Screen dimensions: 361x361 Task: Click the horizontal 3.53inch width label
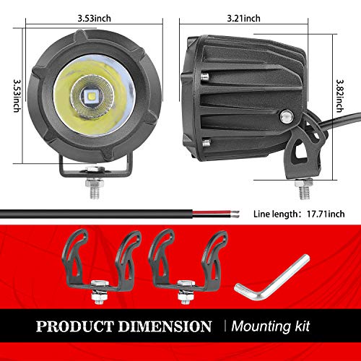(x=95, y=18)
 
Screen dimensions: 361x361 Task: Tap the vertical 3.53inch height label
(x=17, y=96)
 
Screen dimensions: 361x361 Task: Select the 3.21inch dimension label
(x=243, y=18)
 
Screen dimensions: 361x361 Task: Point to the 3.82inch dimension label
(x=339, y=96)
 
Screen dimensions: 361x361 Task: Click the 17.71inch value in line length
(x=326, y=214)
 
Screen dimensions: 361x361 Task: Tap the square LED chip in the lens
(x=92, y=96)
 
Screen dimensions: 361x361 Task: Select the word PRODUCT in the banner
(x=74, y=326)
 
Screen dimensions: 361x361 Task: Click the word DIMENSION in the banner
(x=165, y=326)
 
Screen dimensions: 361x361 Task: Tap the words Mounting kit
(x=271, y=326)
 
